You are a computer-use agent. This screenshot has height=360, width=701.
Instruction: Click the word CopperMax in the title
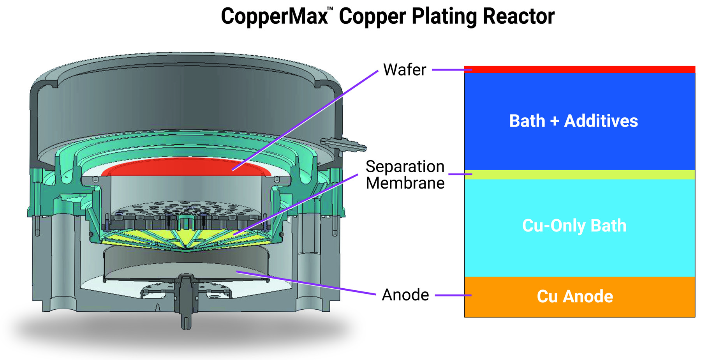point(274,16)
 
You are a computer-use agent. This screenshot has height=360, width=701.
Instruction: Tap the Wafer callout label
point(405,70)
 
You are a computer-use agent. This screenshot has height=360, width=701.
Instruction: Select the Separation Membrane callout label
point(405,175)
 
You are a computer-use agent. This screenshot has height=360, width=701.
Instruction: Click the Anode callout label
point(405,295)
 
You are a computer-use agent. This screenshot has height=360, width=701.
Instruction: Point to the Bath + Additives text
point(573,121)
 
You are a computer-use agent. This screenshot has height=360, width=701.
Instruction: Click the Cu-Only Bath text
point(574,226)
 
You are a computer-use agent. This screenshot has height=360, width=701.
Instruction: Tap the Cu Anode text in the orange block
point(575,296)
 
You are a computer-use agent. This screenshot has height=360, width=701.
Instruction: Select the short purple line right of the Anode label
point(453,295)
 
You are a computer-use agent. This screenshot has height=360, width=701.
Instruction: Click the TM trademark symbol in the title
point(330,9)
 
